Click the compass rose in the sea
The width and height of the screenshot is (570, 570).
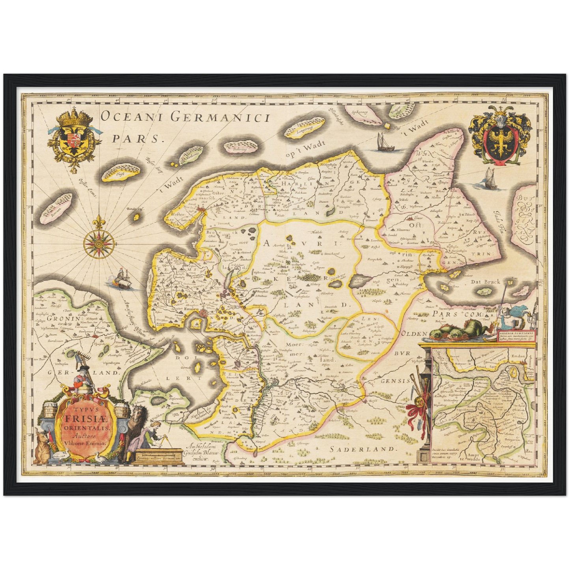coord(99,242)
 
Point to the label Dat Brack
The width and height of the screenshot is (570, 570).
coord(485,282)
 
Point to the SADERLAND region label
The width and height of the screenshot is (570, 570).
coord(362,449)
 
